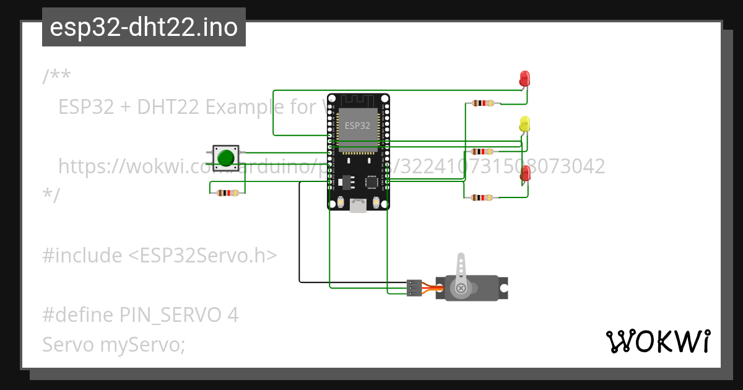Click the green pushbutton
click(225, 158)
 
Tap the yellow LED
click(524, 124)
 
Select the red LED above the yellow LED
click(524, 79)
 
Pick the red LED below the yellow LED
click(526, 173)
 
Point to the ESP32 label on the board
click(357, 125)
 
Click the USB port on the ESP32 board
click(358, 206)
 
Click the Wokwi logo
click(658, 342)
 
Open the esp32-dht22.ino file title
click(144, 27)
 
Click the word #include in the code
click(82, 256)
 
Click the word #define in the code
click(79, 315)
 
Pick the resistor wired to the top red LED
click(482, 103)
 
